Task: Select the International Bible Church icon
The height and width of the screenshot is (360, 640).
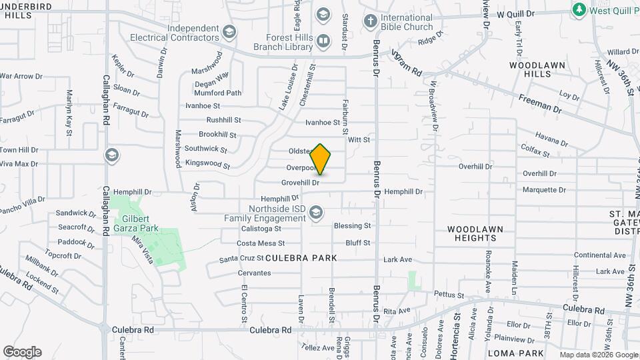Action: pos(370,21)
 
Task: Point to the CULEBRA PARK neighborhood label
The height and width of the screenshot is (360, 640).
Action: pos(301,257)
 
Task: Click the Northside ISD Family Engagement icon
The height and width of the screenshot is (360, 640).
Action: pos(316,213)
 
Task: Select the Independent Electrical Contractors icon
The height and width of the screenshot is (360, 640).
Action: pos(229,32)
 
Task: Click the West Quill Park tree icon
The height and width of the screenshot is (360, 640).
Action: pos(579,9)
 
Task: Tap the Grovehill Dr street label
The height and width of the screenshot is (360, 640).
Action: pos(301,181)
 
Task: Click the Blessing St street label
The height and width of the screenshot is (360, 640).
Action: pos(352,226)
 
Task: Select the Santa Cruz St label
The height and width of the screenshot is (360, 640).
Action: pos(242,259)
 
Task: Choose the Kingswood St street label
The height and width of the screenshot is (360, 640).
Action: pos(207,163)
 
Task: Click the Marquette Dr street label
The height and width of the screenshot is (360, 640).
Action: pos(544,190)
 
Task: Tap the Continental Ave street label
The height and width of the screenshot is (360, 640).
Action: pos(600,255)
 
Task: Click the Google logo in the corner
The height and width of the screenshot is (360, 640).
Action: pos(22,352)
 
